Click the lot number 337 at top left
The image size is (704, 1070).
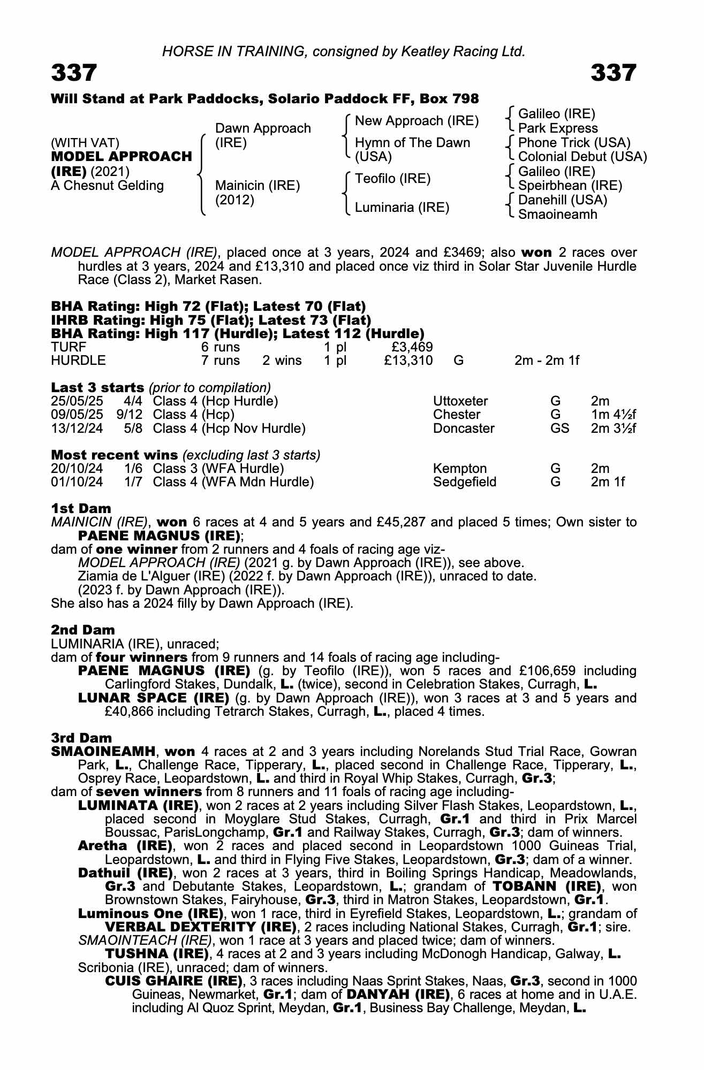(x=74, y=73)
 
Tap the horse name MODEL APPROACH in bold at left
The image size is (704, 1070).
(x=121, y=157)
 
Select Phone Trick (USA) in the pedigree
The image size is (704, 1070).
(x=574, y=143)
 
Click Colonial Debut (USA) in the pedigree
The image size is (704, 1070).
(x=582, y=157)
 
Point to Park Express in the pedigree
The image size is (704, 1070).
(x=558, y=128)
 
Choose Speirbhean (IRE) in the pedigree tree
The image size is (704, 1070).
(x=570, y=186)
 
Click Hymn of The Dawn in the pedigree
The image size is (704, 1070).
(x=412, y=143)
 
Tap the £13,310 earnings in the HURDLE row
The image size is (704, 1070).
(x=408, y=361)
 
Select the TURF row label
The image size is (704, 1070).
(x=69, y=347)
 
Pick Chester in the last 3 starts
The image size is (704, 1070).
(x=457, y=415)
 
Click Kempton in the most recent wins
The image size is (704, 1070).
(x=459, y=469)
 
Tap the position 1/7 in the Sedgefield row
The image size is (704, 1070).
(x=133, y=482)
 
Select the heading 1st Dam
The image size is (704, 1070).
(x=81, y=508)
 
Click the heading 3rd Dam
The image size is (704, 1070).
(x=81, y=738)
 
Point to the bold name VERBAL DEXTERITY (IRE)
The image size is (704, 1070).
(x=201, y=927)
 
